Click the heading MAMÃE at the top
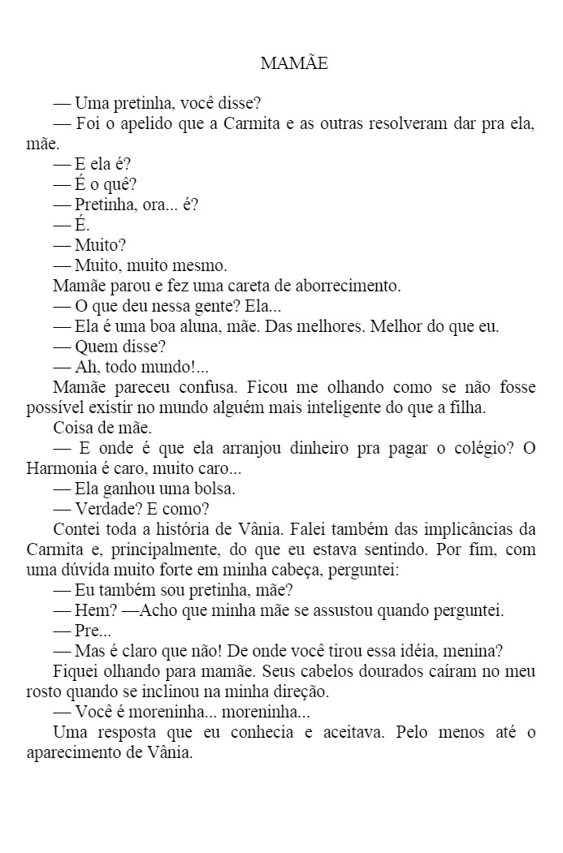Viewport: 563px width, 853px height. click(294, 63)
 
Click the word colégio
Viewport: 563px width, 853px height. click(468, 448)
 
